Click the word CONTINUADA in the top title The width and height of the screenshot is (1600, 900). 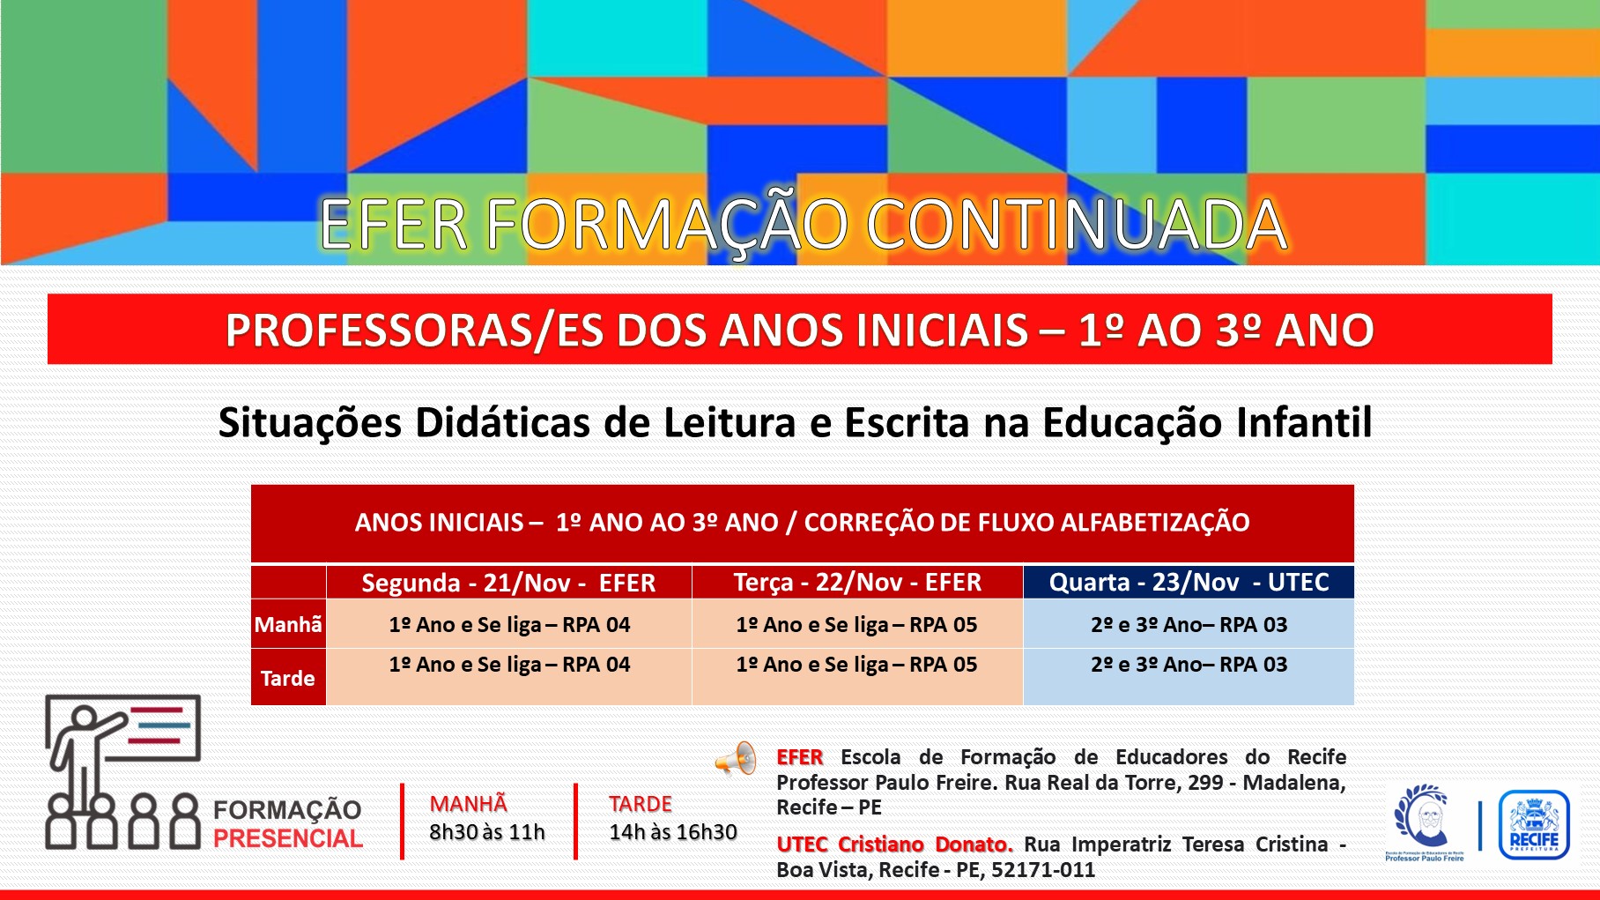[1076, 225]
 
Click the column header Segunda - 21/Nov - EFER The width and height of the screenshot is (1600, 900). [508, 583]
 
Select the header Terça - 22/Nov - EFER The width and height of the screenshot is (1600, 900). [857, 582]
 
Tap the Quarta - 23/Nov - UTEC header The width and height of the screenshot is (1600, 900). [1189, 582]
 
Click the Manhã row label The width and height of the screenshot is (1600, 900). [288, 624]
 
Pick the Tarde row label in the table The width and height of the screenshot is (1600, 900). [288, 678]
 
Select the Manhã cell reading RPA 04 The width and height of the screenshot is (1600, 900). [509, 624]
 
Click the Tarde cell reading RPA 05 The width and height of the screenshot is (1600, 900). [856, 665]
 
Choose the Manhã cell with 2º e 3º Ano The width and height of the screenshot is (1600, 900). [1189, 624]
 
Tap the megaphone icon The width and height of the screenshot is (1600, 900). [736, 758]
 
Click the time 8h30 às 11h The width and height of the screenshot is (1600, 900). [487, 831]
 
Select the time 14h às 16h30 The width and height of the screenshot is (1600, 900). [673, 831]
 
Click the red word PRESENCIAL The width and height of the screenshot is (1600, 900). [288, 838]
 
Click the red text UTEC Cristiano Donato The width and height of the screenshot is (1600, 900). [894, 844]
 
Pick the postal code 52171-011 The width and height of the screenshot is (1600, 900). [1043, 870]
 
